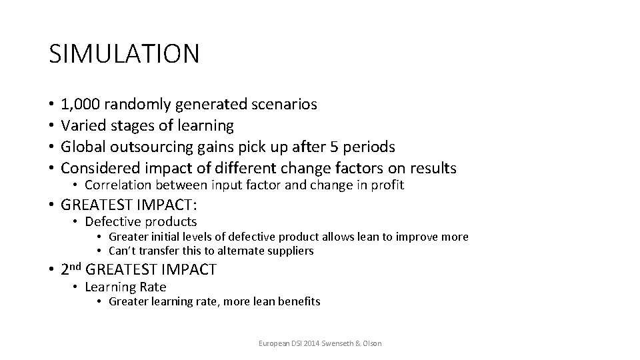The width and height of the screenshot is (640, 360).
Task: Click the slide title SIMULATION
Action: point(124,54)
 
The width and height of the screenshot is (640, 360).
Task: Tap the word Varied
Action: point(81,125)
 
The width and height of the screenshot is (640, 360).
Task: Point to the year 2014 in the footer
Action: point(313,343)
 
